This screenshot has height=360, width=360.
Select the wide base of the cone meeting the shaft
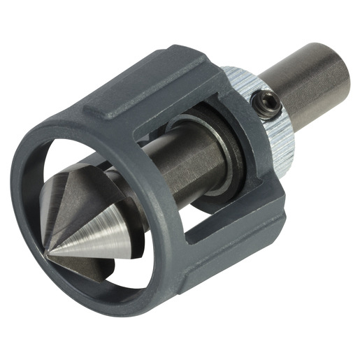coord(133,203)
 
